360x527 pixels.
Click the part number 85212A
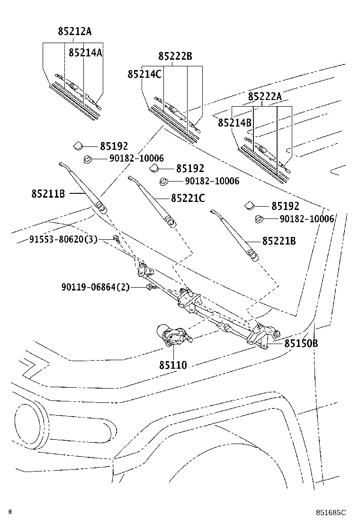75,32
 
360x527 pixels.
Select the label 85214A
85,53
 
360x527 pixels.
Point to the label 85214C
144,74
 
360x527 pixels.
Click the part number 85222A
265,97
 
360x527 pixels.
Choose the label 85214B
234,123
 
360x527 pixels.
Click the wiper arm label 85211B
48,193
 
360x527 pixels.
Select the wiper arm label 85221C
188,198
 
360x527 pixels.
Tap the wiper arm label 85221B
279,241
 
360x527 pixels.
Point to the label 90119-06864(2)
95,287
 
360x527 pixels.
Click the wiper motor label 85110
173,365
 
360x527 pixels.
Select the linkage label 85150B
301,343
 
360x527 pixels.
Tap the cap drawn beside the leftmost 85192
77,145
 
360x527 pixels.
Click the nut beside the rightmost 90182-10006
259,219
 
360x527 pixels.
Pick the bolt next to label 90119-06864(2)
151,287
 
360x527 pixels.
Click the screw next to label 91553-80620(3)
116,239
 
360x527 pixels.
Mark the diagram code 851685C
332,513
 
